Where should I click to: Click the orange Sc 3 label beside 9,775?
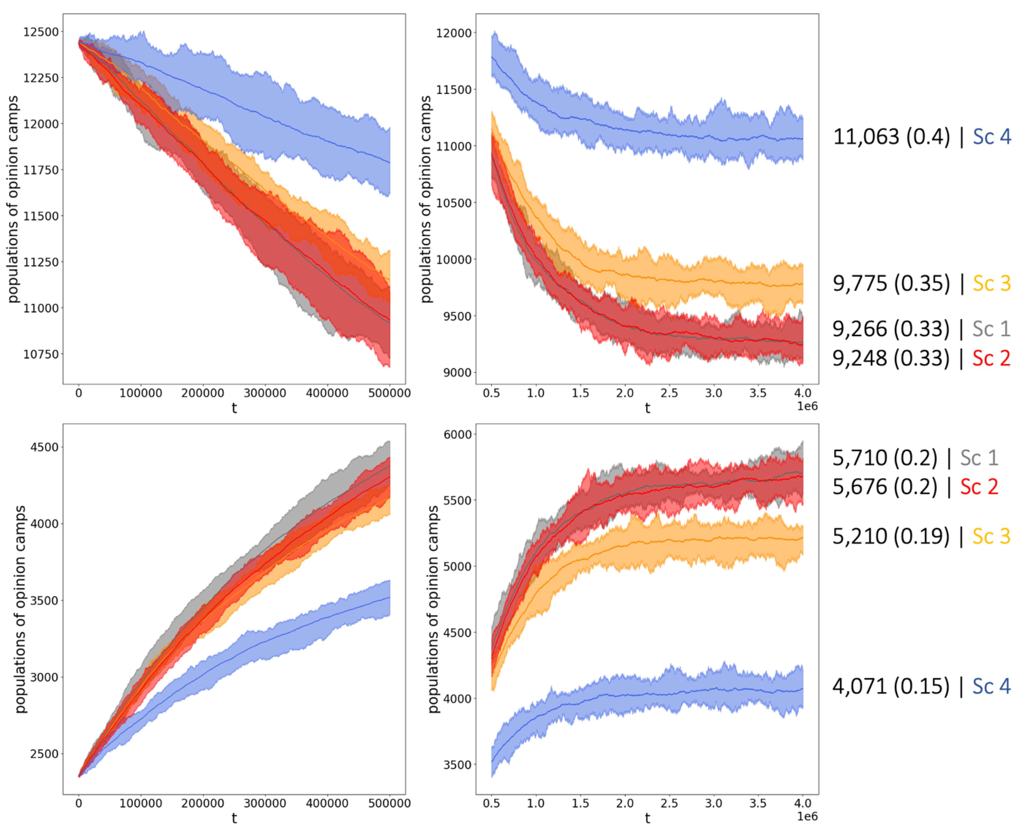pyautogui.click(x=991, y=283)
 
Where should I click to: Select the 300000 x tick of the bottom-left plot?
pyautogui.click(x=265, y=803)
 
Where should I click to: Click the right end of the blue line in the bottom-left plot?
pyautogui.click(x=389, y=597)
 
